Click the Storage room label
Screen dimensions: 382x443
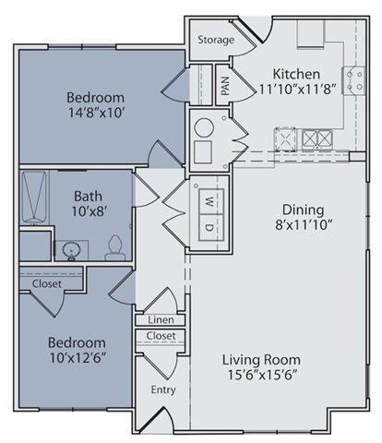click(216, 40)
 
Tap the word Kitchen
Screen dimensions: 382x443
click(296, 74)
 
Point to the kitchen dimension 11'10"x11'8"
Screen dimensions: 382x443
click(296, 90)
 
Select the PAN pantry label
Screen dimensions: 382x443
click(225, 86)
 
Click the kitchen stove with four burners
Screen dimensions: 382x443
click(353, 80)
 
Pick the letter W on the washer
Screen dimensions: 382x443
click(209, 202)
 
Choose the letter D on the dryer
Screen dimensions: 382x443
click(209, 228)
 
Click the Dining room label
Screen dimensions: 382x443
click(304, 210)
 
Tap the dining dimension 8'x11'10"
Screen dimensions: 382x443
click(304, 225)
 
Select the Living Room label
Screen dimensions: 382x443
click(261, 360)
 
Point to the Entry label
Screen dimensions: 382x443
click(163, 390)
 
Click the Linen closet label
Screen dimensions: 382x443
click(161, 320)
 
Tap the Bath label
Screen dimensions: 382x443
click(88, 196)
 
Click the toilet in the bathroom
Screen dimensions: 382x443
click(115, 247)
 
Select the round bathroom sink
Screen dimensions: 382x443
click(71, 251)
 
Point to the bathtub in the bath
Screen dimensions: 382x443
click(34, 197)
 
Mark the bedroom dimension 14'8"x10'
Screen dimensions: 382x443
click(96, 113)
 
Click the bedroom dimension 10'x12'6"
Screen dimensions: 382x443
click(78, 358)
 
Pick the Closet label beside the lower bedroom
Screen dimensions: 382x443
click(47, 283)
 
